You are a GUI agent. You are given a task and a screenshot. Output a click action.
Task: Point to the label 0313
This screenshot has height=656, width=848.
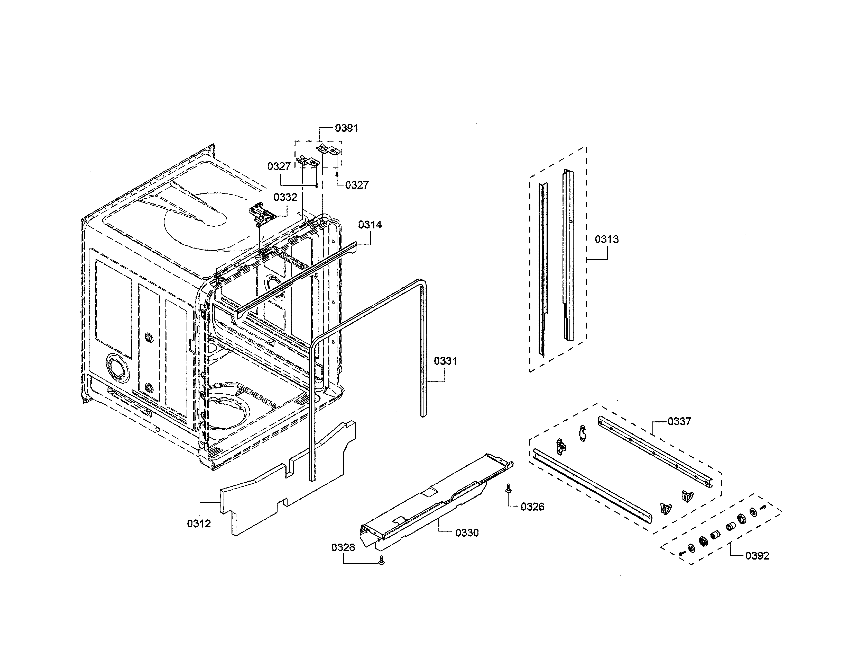click(606, 240)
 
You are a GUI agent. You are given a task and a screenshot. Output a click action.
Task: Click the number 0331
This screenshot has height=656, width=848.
click(445, 361)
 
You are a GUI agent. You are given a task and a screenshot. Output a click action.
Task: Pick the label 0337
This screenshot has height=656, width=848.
click(679, 421)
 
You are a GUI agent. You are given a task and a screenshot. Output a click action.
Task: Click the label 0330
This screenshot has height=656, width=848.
click(467, 533)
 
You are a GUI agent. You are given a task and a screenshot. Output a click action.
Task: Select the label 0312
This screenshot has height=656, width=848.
click(199, 524)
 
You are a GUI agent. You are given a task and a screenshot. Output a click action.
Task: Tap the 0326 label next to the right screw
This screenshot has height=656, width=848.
click(532, 507)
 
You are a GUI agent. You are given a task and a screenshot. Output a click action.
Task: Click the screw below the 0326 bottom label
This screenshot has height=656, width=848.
click(381, 560)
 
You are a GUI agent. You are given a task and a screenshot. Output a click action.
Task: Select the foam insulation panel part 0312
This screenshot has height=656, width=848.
click(287, 482)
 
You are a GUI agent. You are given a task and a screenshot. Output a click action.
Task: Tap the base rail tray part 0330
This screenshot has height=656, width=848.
click(435, 501)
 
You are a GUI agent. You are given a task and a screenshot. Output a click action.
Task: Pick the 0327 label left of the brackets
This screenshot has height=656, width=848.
click(279, 167)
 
